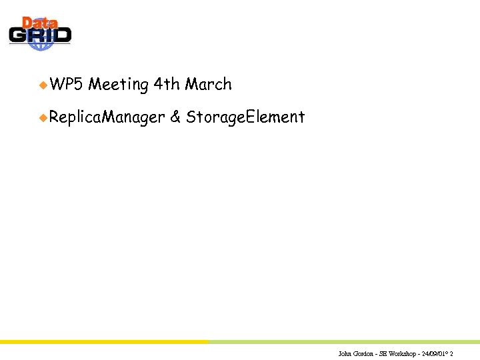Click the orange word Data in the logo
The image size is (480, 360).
(39, 23)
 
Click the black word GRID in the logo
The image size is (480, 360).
(40, 35)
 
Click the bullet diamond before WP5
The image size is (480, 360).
(43, 85)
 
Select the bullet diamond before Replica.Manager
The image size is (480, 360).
(43, 118)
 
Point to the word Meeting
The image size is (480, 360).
(118, 85)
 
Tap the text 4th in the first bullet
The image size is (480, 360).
(166, 85)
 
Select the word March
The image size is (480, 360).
(209, 85)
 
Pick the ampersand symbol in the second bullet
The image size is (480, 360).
(175, 118)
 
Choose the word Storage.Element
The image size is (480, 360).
(245, 118)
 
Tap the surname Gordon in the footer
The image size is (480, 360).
(364, 353)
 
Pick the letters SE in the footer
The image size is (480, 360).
(384, 353)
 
